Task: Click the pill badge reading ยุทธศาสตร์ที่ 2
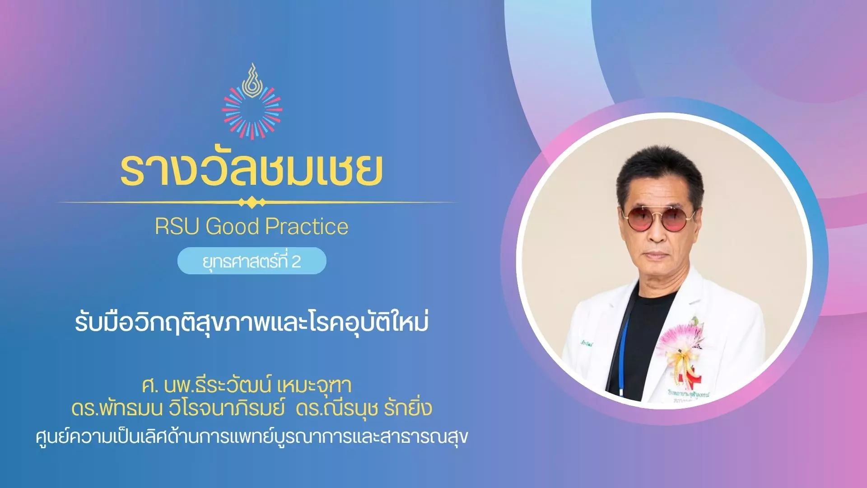(x=252, y=261)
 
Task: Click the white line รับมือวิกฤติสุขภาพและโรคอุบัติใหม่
(x=252, y=323)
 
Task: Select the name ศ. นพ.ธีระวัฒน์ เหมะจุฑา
(x=247, y=385)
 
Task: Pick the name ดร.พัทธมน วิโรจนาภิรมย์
(x=178, y=408)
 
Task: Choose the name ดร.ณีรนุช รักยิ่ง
(x=364, y=408)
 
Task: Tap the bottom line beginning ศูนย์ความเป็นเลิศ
(x=252, y=436)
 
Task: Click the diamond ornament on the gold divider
(x=252, y=202)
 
